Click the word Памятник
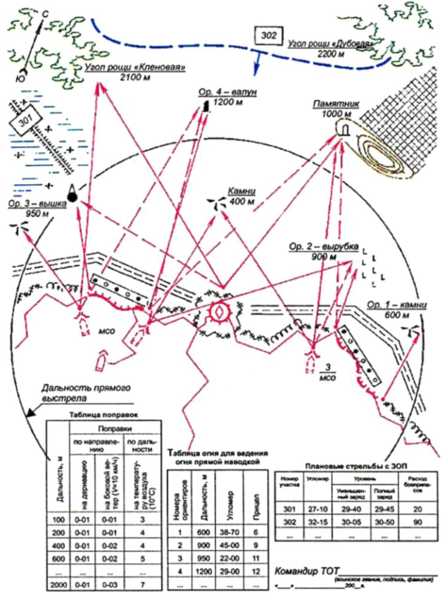point(339,104)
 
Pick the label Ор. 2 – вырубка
point(325,247)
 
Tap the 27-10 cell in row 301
point(317,509)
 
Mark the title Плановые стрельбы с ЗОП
point(352,466)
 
